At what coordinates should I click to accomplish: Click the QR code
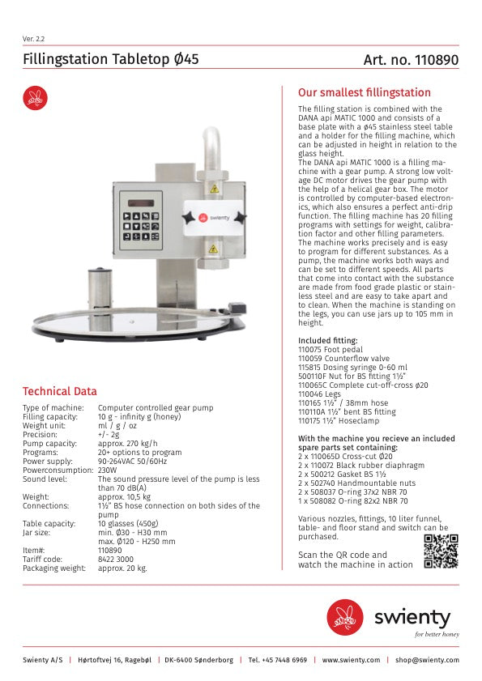coord(441,551)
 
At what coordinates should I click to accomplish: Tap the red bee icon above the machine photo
coord(35,98)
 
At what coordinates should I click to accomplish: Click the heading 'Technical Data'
coord(59,391)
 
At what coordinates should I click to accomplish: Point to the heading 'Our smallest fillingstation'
coord(365,92)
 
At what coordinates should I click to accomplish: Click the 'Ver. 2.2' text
coord(34,39)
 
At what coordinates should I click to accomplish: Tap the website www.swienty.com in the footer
coord(351,660)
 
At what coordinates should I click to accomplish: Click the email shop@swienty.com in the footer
coord(427,660)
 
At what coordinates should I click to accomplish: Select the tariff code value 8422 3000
coord(115,560)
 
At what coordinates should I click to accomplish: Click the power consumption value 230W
coord(107,469)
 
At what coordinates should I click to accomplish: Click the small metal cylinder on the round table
coord(100,287)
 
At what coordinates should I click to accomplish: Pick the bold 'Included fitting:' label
coord(327,340)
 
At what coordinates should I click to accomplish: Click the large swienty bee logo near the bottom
coord(345,617)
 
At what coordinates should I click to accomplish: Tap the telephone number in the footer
coord(277,660)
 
